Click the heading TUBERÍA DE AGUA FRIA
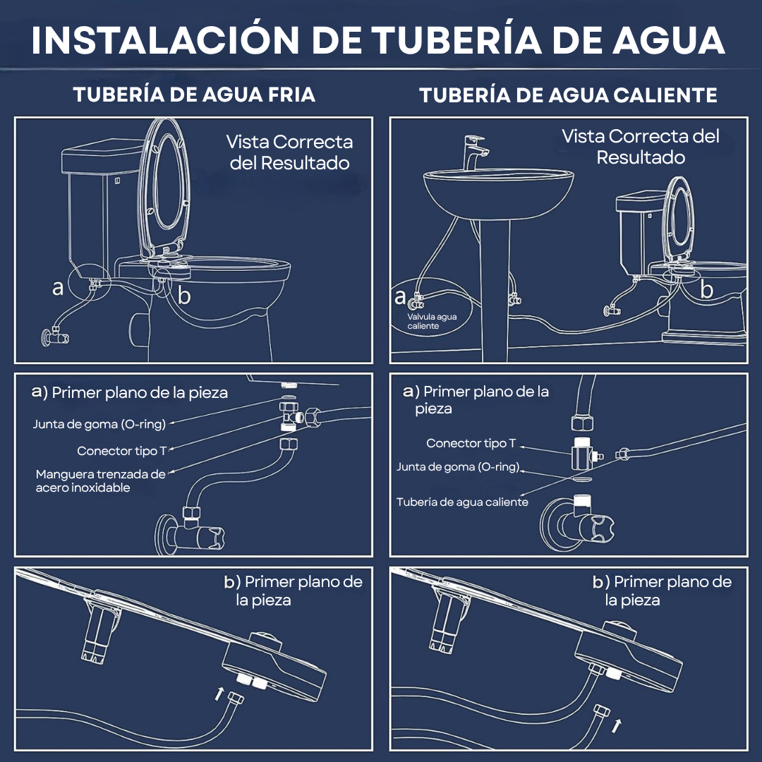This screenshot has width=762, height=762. [x=194, y=95]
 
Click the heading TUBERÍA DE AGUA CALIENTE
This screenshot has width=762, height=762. [x=568, y=95]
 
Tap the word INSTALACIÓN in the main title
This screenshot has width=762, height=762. [x=165, y=40]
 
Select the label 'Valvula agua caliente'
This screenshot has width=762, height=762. [x=432, y=321]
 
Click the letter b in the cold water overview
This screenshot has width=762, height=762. [x=183, y=294]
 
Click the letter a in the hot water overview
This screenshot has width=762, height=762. [x=400, y=296]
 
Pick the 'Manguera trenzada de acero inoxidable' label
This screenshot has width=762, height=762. [x=101, y=480]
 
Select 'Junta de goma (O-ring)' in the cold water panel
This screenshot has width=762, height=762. [x=99, y=424]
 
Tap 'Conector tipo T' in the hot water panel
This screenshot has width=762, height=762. [x=471, y=443]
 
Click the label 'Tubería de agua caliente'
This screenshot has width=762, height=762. [x=462, y=502]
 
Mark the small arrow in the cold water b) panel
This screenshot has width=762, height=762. [x=219, y=694]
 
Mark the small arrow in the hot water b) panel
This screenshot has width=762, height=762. [x=617, y=725]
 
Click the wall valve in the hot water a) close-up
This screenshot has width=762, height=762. [x=576, y=523]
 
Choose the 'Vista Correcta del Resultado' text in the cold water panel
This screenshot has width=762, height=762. [x=290, y=152]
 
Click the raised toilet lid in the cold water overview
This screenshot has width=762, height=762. [x=164, y=190]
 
